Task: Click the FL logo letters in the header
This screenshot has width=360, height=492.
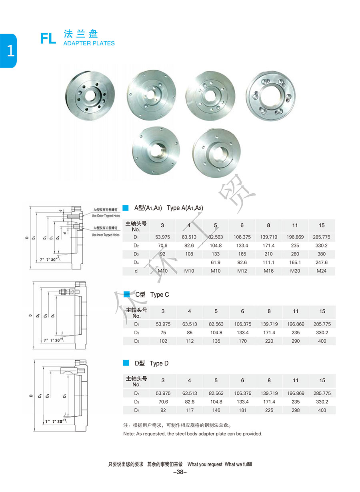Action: tap(48, 38)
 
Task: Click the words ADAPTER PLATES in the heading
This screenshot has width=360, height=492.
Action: tap(89, 43)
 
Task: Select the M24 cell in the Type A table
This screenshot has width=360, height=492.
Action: tap(322, 271)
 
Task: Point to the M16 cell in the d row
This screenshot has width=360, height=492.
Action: tap(268, 271)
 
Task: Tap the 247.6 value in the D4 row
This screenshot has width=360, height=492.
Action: tap(322, 263)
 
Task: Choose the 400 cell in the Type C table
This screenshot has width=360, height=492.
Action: tap(322, 341)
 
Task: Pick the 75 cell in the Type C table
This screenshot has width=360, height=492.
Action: tap(163, 333)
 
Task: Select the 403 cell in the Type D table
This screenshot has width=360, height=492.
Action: tap(322, 410)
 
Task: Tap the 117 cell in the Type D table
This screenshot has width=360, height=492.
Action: tap(190, 410)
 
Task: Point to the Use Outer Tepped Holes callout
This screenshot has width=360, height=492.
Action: tap(106, 216)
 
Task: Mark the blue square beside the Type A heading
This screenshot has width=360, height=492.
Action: tap(126, 208)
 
